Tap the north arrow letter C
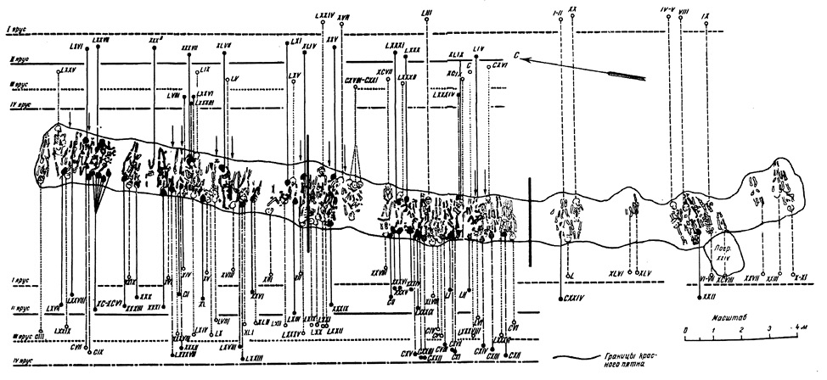(x=515, y=53)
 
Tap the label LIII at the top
(x=426, y=12)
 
